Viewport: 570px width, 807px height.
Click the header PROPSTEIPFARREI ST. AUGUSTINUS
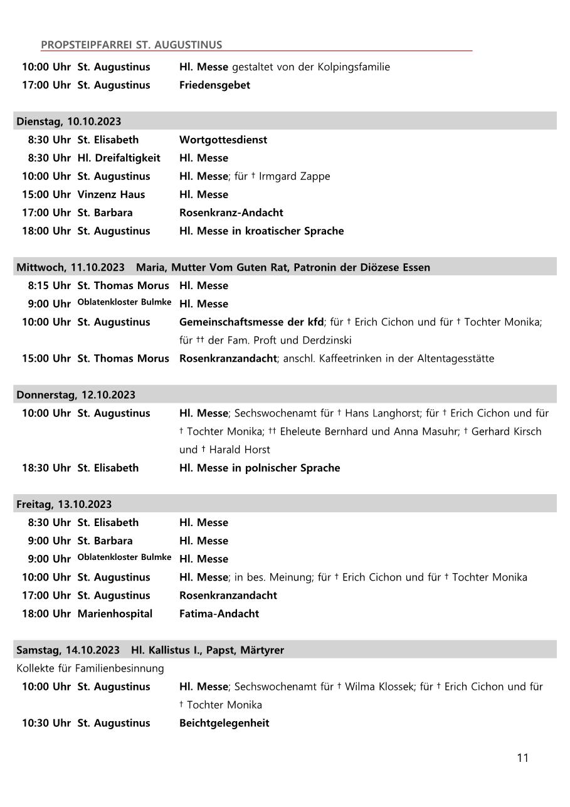click(x=131, y=45)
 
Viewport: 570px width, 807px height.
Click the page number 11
click(x=522, y=757)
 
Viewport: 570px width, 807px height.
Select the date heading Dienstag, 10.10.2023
click(x=69, y=121)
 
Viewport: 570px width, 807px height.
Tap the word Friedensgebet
click(x=214, y=85)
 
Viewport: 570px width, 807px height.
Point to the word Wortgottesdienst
click(x=223, y=139)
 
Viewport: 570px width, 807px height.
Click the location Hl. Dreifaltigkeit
click(x=119, y=157)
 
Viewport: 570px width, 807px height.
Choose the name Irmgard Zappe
click(x=294, y=176)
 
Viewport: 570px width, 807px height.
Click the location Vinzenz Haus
click(x=111, y=194)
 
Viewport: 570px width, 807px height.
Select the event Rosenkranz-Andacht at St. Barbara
click(x=231, y=212)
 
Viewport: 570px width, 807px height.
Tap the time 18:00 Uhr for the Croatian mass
click(x=46, y=230)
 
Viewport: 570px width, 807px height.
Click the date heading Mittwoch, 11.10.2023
click(x=70, y=267)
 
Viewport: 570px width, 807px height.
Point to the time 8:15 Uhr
click(x=49, y=285)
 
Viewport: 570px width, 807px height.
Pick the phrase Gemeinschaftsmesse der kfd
click(x=251, y=322)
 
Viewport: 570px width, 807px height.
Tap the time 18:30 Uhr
click(x=46, y=467)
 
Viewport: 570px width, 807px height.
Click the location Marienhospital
click(x=115, y=613)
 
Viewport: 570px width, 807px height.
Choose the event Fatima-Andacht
click(x=219, y=613)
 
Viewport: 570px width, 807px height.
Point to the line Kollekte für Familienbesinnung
click(x=90, y=668)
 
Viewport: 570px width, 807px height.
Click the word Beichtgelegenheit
click(x=224, y=722)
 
